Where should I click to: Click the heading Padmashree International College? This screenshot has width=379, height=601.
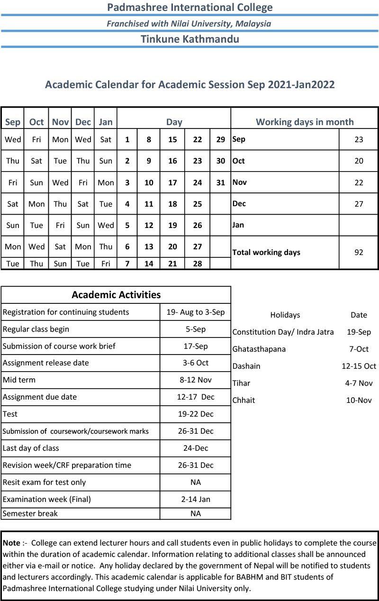189,7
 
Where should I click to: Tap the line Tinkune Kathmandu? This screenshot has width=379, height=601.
189,39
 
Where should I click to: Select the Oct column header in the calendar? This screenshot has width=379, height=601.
36,122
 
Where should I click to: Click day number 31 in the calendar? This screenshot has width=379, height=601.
220,182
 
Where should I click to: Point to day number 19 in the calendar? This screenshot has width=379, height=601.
172,225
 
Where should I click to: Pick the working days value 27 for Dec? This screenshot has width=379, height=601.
359,204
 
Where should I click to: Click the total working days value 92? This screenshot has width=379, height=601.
359,252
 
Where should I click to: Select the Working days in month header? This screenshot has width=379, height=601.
305,122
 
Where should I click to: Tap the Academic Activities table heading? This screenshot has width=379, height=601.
116,294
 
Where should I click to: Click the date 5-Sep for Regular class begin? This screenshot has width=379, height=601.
195,329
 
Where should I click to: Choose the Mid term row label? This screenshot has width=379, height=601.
19,380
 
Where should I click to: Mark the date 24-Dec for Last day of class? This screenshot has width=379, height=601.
195,448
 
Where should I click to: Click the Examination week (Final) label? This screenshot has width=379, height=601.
46,499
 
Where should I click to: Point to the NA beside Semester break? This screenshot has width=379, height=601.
195,513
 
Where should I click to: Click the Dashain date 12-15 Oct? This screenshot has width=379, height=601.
359,366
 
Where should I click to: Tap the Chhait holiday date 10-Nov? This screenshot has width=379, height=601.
359,400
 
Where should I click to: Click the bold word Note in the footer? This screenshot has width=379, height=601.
11,543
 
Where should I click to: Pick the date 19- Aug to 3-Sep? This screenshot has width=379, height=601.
195,312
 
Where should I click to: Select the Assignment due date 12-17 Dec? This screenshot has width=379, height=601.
195,397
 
